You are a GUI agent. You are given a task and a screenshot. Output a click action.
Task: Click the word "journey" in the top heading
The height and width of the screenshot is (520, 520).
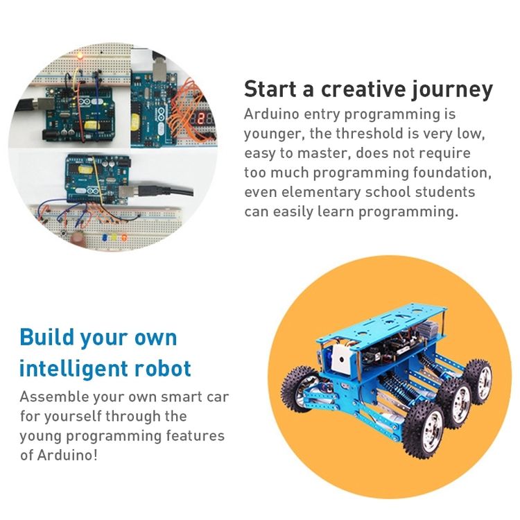(452, 90)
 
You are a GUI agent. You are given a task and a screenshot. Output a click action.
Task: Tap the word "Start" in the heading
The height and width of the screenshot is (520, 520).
(270, 89)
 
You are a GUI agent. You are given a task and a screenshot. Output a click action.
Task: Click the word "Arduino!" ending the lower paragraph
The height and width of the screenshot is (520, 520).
(67, 455)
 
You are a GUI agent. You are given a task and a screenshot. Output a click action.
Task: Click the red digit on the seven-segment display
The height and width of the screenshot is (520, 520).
(200, 119)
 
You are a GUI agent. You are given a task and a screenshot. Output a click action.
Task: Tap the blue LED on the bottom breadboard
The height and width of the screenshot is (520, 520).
(105, 237)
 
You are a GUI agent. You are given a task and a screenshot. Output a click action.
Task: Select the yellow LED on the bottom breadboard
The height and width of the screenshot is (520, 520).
(114, 237)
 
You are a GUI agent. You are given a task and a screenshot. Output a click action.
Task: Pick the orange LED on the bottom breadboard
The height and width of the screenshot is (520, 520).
(124, 237)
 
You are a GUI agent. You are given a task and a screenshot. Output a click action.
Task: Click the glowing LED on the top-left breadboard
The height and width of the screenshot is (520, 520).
(80, 55)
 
